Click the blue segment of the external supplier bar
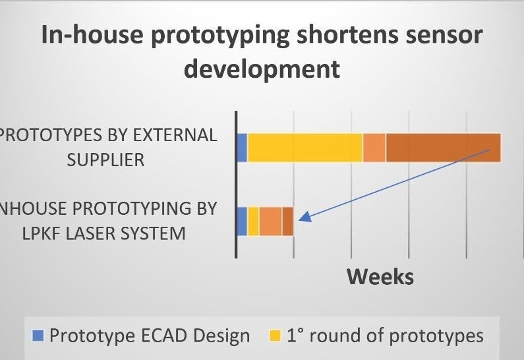(x=242, y=148)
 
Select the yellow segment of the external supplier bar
(x=305, y=148)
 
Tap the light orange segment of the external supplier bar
(x=374, y=148)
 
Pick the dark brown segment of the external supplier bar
(x=444, y=148)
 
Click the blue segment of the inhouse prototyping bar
(x=242, y=222)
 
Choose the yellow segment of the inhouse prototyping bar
(x=253, y=222)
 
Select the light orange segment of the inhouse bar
(x=271, y=222)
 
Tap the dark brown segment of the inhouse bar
(x=288, y=222)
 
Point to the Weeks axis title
(x=380, y=277)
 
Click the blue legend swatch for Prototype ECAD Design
(x=38, y=336)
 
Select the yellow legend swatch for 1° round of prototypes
(x=276, y=336)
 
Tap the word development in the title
(x=262, y=69)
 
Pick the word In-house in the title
(x=92, y=34)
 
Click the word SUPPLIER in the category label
(x=105, y=160)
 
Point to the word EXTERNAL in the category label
(x=175, y=135)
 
